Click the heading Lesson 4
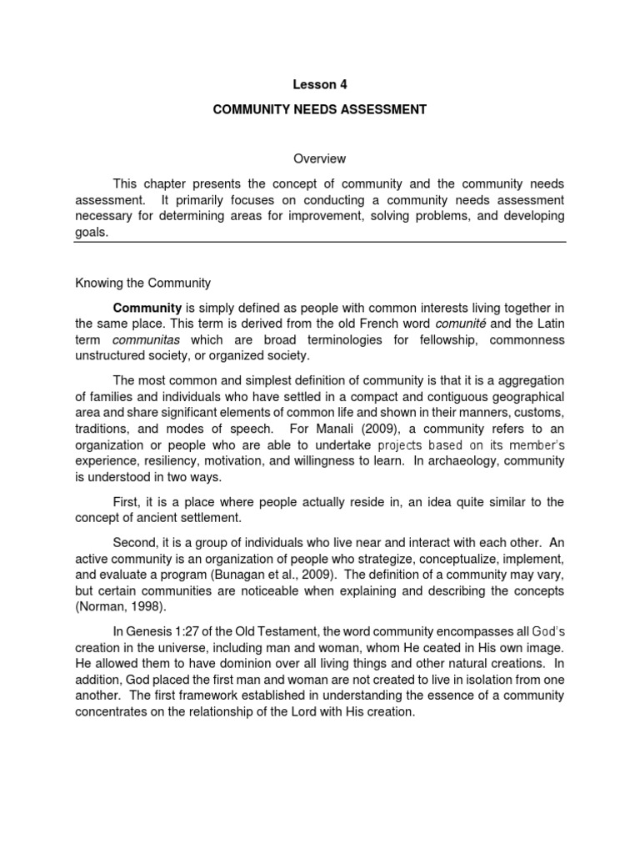pyautogui.click(x=319, y=83)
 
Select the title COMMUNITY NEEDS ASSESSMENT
pyautogui.click(x=319, y=110)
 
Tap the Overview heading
pyautogui.click(x=319, y=158)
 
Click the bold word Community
pyautogui.click(x=147, y=308)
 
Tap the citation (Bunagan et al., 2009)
pyautogui.click(x=249, y=575)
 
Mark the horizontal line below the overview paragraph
pyautogui.click(x=320, y=243)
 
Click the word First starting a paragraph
pyautogui.click(x=127, y=501)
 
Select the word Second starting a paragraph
pyautogui.click(x=135, y=542)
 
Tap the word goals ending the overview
pyautogui.click(x=92, y=233)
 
